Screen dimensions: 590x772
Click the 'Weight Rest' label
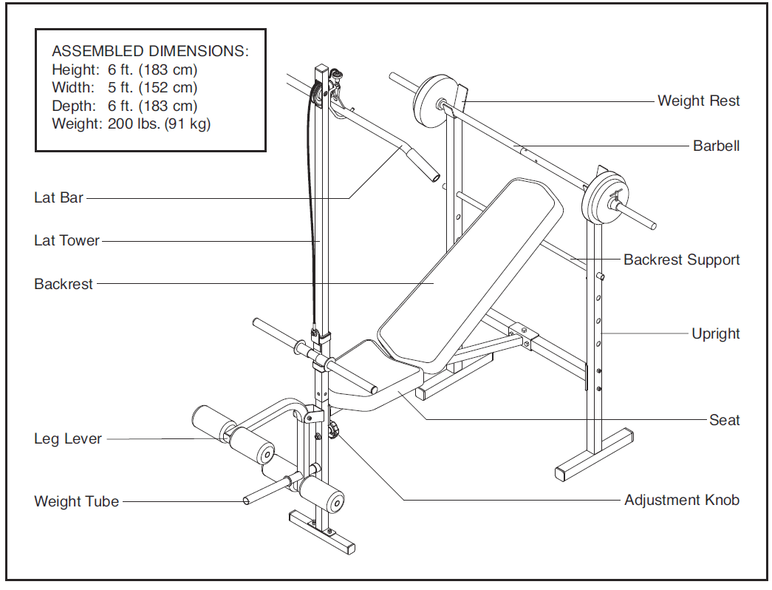(698, 101)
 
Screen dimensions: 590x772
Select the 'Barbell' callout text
(716, 146)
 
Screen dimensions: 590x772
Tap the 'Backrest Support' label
(681, 260)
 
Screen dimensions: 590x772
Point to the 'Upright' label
(715, 333)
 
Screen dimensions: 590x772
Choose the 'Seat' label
(724, 420)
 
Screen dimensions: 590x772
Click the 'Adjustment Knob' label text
(681, 501)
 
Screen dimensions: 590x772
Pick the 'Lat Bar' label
(58, 197)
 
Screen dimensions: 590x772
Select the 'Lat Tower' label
(66, 240)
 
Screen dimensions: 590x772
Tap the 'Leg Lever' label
(67, 439)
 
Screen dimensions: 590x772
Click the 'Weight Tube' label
(76, 501)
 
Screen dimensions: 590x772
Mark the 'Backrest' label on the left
(64, 284)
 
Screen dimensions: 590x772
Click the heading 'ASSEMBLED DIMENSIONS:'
(150, 52)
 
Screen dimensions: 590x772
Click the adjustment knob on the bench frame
(334, 429)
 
